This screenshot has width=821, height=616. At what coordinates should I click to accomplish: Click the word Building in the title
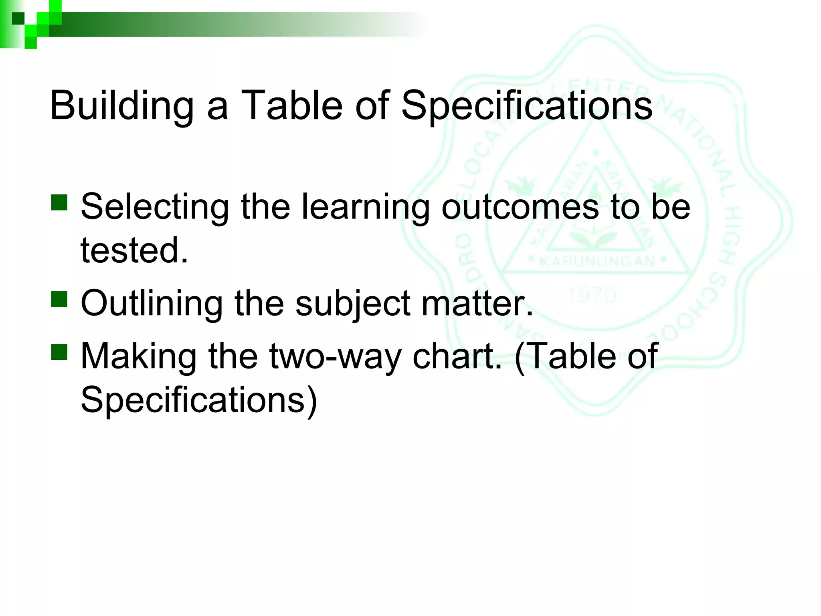point(121,105)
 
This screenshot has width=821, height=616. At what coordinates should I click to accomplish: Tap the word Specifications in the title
point(526,105)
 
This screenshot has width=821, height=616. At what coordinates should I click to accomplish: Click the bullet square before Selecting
point(59,203)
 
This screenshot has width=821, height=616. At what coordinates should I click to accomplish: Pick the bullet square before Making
point(59,352)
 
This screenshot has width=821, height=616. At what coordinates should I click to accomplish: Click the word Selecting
point(154,207)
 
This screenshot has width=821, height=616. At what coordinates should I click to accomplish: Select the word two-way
point(335,357)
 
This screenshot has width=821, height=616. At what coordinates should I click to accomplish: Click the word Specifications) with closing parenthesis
point(199,400)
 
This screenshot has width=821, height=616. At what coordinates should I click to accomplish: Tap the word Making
point(138,357)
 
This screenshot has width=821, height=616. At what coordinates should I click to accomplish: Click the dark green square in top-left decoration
point(18,18)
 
